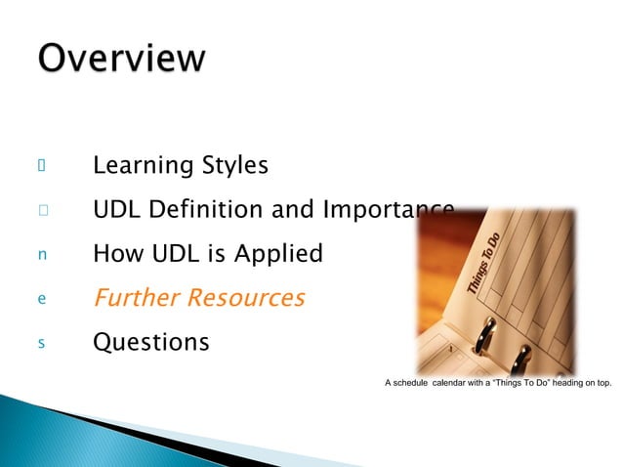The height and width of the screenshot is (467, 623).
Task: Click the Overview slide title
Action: click(122, 58)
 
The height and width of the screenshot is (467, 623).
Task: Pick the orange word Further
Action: click(133, 298)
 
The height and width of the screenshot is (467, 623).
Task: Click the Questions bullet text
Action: click(150, 343)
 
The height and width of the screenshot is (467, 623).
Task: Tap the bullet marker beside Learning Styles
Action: click(42, 166)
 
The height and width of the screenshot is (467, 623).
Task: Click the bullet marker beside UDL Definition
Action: click(42, 210)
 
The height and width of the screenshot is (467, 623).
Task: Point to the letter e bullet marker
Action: click(42, 299)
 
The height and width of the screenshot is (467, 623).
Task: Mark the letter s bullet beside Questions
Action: click(42, 343)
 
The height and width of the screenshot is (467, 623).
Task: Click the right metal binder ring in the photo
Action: click(520, 360)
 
